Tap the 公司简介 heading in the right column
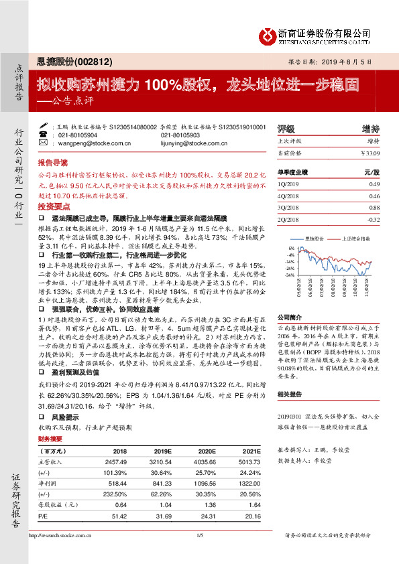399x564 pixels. (291, 317)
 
